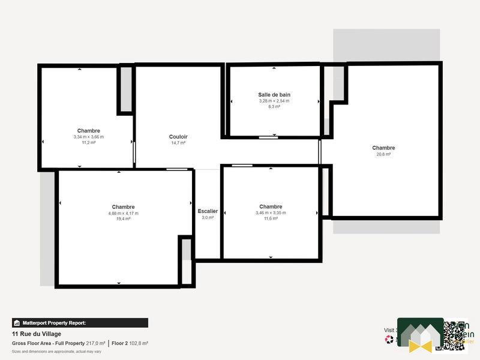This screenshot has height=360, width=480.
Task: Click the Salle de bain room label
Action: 274,95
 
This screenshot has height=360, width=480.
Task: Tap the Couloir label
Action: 178,137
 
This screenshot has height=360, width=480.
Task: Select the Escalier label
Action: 208,211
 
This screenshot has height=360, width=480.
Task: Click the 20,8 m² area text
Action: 383,154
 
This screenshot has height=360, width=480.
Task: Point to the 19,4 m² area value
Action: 123,219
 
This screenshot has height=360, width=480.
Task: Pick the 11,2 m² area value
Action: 88,143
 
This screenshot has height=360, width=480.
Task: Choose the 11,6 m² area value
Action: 270,218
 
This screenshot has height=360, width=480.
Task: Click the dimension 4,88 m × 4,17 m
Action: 123,213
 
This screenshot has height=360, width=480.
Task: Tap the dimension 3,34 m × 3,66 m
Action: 88,137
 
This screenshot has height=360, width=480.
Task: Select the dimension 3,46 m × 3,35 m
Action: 270,212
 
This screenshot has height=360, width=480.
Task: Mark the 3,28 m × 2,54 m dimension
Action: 274,101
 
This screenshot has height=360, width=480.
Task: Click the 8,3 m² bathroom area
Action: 274,107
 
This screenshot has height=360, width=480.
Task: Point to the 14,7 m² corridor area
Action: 178,143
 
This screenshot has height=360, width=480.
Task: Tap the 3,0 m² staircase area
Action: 208,218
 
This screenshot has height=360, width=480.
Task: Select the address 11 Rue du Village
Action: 37,334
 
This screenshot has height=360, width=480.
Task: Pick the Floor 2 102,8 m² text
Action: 130,343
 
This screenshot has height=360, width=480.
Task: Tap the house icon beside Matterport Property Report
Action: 17,323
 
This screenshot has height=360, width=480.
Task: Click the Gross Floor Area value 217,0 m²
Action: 95,343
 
